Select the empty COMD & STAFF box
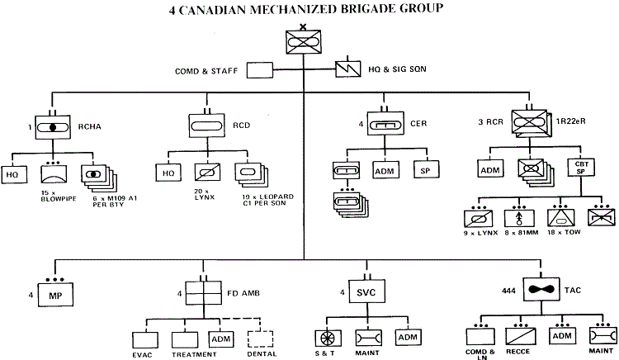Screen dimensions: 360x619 click(259, 71)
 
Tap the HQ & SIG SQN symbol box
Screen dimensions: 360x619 click(347, 71)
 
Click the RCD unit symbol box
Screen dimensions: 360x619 click(207, 126)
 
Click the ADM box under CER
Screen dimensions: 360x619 click(385, 169)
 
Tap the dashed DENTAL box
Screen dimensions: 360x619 click(262, 339)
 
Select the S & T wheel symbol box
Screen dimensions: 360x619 click(328, 338)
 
